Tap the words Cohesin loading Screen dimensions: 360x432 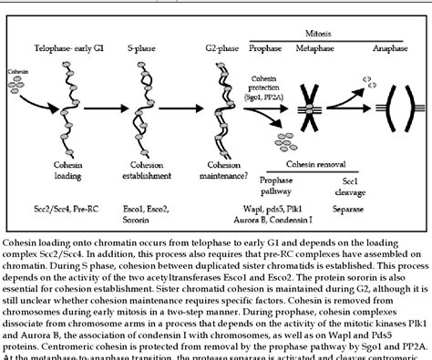pyautogui.click(x=68, y=170)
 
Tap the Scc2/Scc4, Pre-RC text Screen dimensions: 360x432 pyautogui.click(x=68, y=207)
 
